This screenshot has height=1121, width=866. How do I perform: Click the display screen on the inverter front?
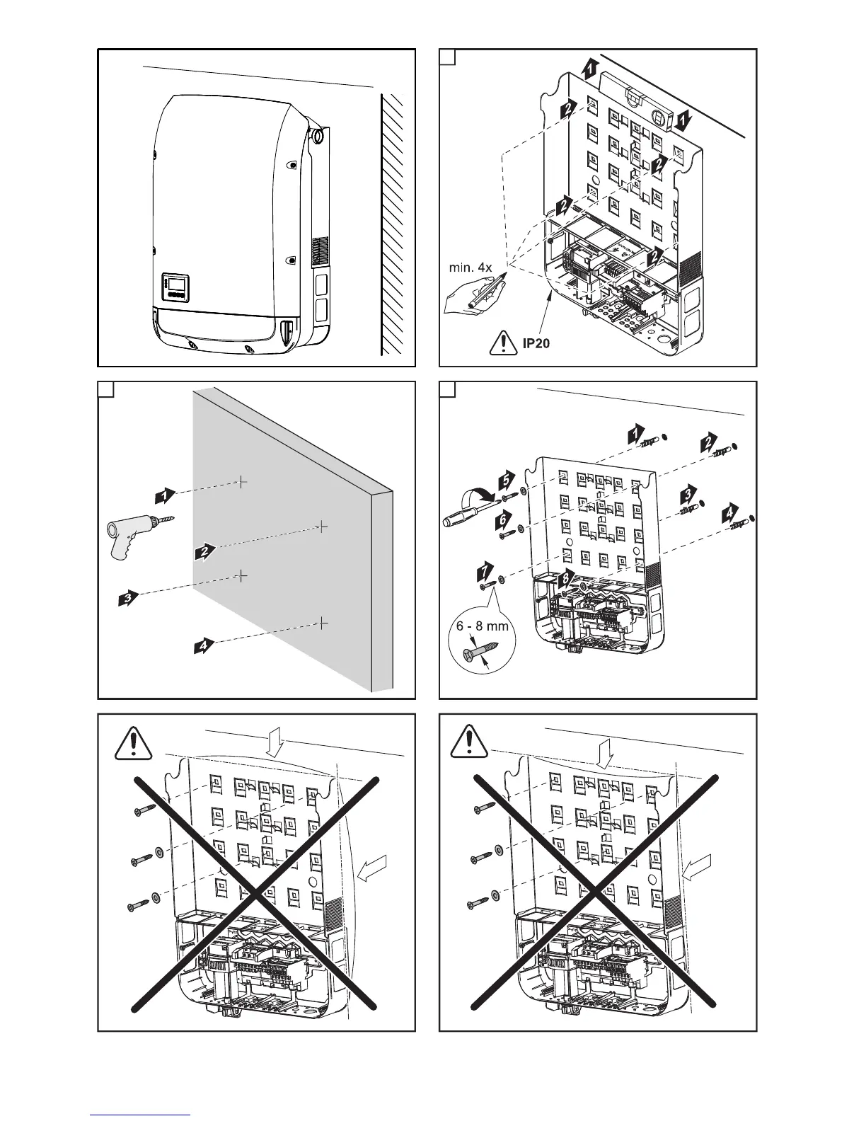coord(175,287)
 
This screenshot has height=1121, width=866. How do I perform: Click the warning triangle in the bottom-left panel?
coord(131,741)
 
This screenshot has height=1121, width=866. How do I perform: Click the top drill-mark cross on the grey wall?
coord(242,481)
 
